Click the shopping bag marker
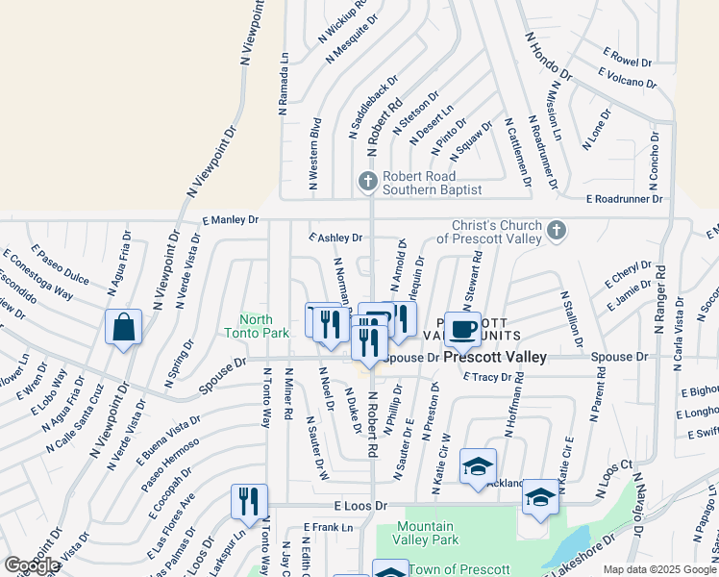pyautogui.click(x=124, y=329)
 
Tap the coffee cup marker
pyautogui.click(x=462, y=329)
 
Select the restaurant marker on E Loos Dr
pyautogui.click(x=248, y=502)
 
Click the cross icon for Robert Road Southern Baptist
pyautogui.click(x=366, y=181)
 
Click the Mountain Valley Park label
pyautogui.click(x=426, y=533)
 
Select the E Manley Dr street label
pyautogui.click(x=230, y=220)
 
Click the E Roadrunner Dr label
pyautogui.click(x=625, y=200)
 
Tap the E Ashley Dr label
pyautogui.click(x=335, y=238)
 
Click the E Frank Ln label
pyautogui.click(x=329, y=527)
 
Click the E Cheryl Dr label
pyautogui.click(x=629, y=273)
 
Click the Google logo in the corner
pyautogui.click(x=32, y=566)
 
